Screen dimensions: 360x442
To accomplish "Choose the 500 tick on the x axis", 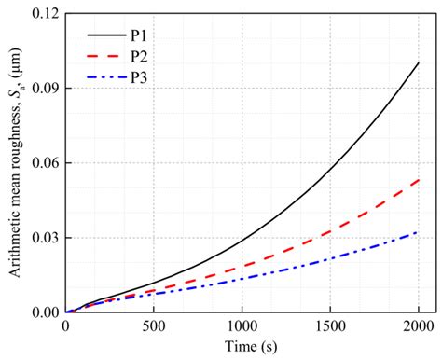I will coord(153,325).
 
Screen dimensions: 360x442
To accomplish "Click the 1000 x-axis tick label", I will coord(242,325).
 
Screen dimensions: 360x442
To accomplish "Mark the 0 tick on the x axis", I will coord(65,325).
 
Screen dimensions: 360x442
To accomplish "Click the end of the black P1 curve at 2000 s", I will coord(419,63).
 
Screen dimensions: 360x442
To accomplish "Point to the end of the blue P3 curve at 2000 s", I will coord(419,231).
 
